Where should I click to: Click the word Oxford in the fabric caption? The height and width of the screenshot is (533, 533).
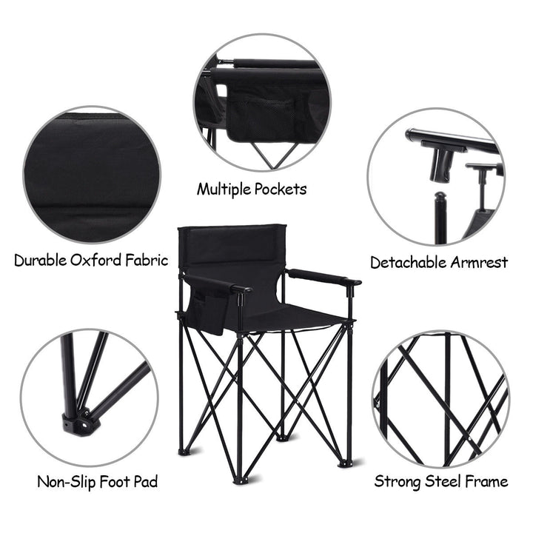click(95, 261)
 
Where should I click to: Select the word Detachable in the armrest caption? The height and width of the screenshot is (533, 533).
click(408, 262)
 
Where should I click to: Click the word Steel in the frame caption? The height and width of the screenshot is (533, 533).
click(443, 481)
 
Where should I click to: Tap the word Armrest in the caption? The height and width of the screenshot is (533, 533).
click(479, 262)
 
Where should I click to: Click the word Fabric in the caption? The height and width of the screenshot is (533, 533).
click(147, 261)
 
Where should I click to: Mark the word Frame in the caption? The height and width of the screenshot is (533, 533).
click(487, 481)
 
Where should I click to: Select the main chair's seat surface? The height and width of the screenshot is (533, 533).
click(289, 317)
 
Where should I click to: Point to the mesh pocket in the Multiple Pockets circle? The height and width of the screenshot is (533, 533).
click(261, 117)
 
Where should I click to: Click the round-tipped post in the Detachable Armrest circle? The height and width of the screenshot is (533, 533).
click(440, 218)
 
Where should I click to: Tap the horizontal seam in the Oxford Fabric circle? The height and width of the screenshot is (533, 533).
click(92, 205)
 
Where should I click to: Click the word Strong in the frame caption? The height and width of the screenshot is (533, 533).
click(398, 481)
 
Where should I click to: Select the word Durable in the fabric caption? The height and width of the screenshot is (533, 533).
click(41, 261)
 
